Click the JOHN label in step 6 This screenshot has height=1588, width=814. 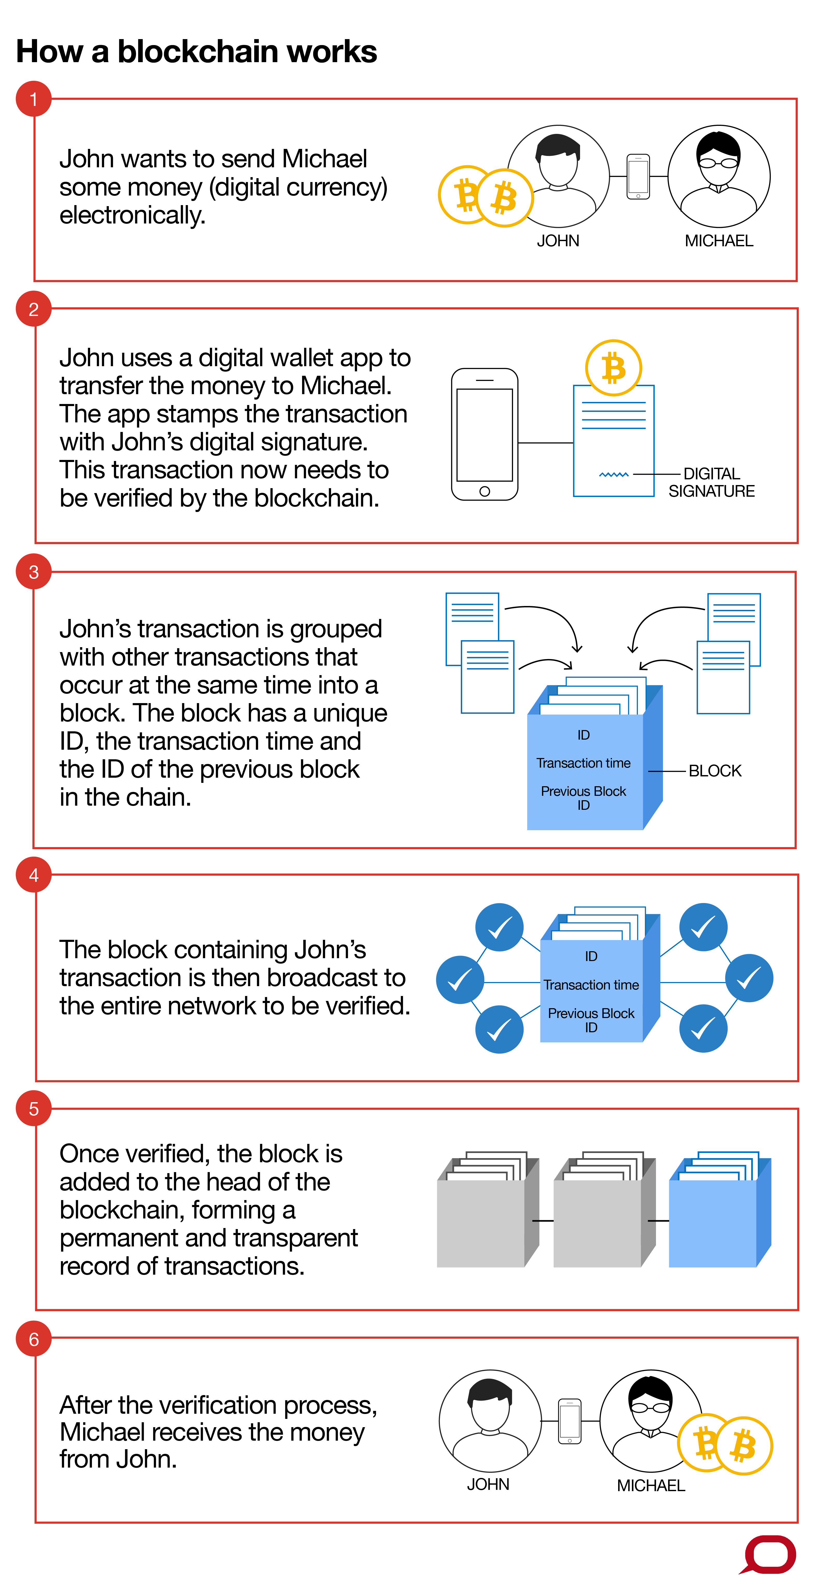(488, 1484)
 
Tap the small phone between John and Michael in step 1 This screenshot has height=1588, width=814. (638, 177)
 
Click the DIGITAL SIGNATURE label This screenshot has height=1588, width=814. (712, 483)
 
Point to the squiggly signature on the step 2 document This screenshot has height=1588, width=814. (613, 475)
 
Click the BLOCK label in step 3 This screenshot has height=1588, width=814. (715, 771)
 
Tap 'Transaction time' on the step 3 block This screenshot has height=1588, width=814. (583, 763)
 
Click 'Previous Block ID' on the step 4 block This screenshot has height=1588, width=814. (591, 1020)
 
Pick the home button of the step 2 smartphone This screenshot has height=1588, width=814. (485, 491)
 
